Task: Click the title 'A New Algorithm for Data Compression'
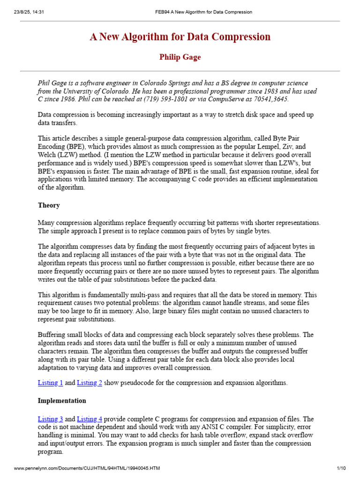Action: point(180,37)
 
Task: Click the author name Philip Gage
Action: point(180,57)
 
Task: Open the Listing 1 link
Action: point(50,383)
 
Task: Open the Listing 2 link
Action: point(89,383)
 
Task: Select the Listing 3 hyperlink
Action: point(50,419)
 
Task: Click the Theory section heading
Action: point(49,205)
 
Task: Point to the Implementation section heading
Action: point(62,401)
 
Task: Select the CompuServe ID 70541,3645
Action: point(267,99)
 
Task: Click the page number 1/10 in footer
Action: point(341,468)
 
